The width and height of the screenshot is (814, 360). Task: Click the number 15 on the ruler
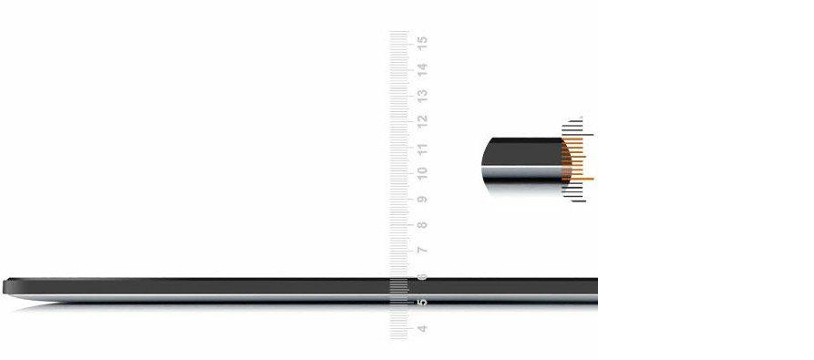click(423, 43)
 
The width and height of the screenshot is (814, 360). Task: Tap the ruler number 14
click(423, 69)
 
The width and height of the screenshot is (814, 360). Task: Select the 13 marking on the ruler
click(423, 96)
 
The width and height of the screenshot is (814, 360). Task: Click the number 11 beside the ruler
click(423, 149)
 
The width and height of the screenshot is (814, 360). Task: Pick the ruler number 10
click(423, 173)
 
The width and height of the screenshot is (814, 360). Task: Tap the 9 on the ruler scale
click(423, 200)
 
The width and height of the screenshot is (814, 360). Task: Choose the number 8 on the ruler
click(423, 225)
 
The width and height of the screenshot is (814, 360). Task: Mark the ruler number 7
click(423, 251)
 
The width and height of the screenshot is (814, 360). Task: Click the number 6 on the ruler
click(423, 277)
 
